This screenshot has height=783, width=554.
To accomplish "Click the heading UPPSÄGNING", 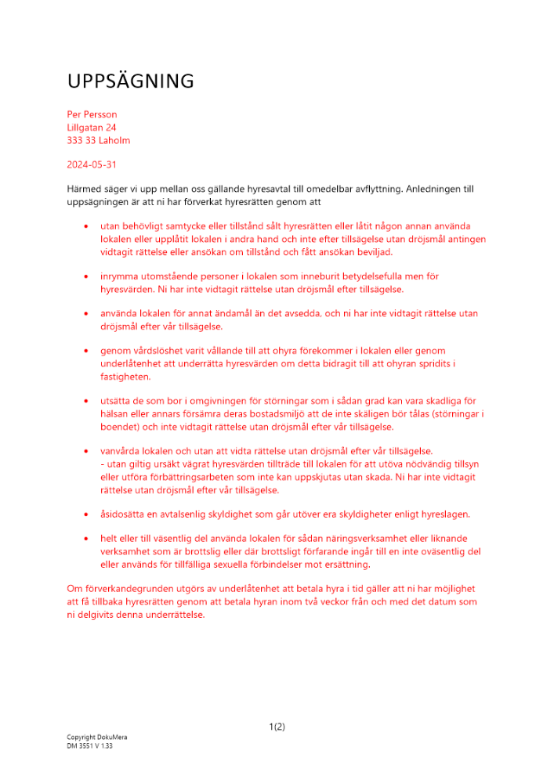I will (x=130, y=81).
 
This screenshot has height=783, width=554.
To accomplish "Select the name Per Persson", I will (x=92, y=114).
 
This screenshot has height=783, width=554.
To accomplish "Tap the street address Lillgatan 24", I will (x=92, y=128).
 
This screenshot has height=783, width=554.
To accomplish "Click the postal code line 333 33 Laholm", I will (x=98, y=141).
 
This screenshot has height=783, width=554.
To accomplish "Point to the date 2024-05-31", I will (x=92, y=165).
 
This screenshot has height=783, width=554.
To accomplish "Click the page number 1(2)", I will (x=277, y=727).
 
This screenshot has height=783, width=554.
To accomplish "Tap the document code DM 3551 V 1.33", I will (x=89, y=746).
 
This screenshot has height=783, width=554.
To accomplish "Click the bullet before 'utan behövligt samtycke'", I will (x=86, y=226).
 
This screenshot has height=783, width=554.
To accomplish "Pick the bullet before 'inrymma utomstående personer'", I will (x=86, y=277).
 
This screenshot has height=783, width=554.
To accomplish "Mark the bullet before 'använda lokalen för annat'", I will (x=86, y=314).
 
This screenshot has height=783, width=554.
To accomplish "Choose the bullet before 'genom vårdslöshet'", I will (x=86, y=352).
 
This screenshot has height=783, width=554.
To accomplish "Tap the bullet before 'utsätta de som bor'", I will (x=86, y=402).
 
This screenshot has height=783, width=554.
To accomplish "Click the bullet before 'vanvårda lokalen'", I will (x=86, y=452).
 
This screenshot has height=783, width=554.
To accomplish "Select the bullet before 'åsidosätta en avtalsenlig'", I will (x=86, y=515).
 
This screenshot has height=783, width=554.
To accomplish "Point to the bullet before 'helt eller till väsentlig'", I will (x=86, y=539).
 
